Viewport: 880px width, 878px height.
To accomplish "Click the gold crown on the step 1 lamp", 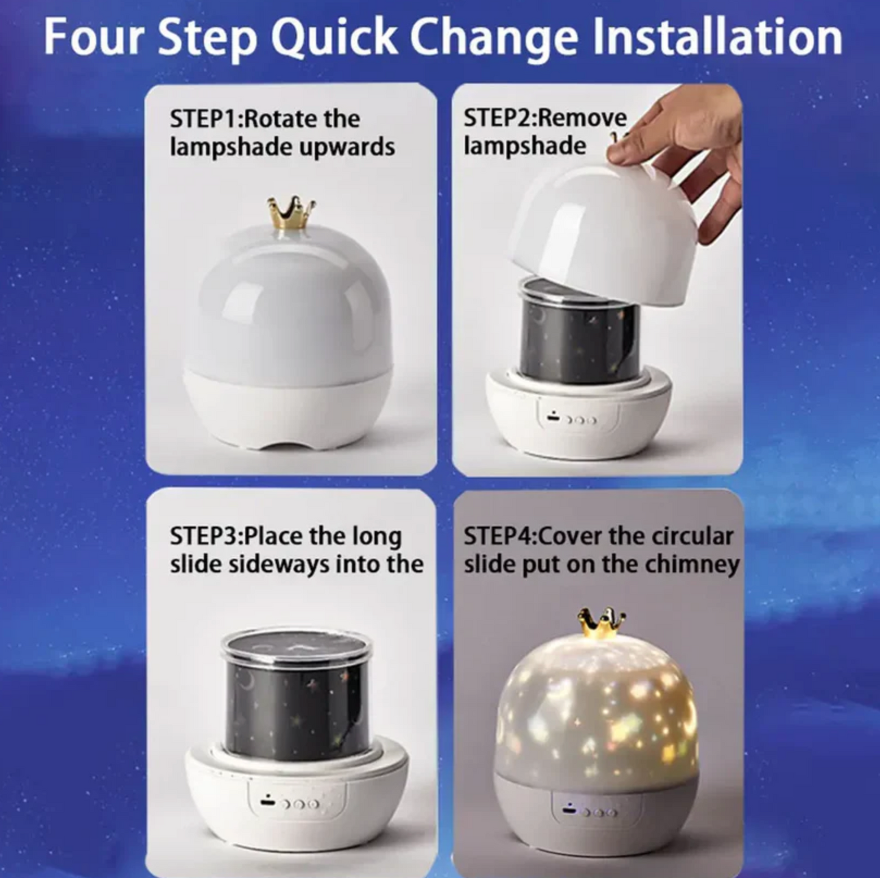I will [292, 213].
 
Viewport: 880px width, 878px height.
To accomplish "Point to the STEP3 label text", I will [206, 536].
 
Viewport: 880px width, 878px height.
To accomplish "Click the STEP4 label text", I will [500, 536].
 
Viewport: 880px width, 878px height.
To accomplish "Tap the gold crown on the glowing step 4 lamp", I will [602, 623].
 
